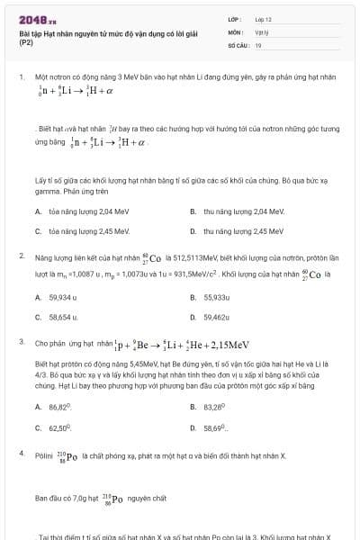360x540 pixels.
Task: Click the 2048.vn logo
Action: (x=34, y=19)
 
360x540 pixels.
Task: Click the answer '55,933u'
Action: (x=217, y=297)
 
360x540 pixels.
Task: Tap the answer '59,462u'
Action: (x=217, y=317)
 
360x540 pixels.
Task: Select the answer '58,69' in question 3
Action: (x=215, y=427)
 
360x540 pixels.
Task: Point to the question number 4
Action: (x=21, y=453)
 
